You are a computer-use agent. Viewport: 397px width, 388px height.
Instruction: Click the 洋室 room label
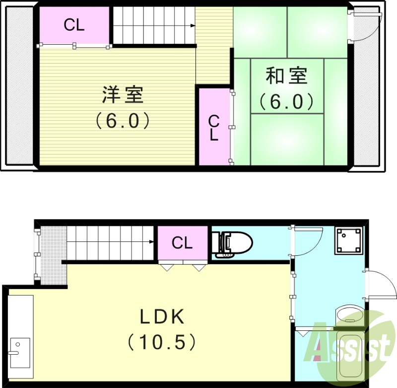(x=123, y=94)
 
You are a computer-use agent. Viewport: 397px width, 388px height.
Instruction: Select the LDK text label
(x=162, y=316)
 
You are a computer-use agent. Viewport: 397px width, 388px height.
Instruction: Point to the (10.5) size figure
(x=162, y=341)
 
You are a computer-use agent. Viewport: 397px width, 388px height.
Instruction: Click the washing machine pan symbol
(x=347, y=240)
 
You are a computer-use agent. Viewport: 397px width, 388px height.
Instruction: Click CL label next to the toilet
(x=182, y=243)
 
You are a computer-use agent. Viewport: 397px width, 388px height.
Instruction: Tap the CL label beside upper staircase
(x=74, y=25)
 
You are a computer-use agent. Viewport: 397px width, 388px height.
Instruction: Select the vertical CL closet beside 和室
(x=214, y=128)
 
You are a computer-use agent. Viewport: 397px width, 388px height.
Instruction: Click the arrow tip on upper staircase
(x=193, y=25)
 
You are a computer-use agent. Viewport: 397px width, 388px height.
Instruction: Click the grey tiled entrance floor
(x=53, y=254)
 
